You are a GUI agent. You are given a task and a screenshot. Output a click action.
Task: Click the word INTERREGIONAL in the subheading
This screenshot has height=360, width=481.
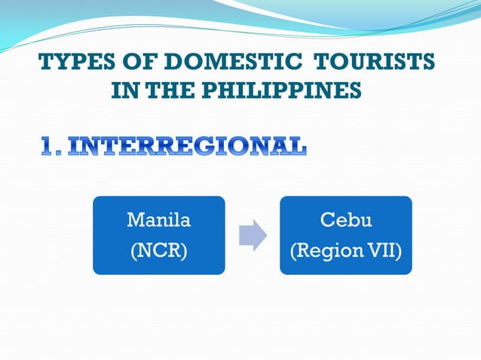click(187, 146)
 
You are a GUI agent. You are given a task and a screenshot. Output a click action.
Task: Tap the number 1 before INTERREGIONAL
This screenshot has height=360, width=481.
click(47, 146)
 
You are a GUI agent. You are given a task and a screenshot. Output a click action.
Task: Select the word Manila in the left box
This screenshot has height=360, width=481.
click(158, 221)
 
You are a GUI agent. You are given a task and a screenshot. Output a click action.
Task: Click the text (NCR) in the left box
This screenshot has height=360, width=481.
click(158, 250)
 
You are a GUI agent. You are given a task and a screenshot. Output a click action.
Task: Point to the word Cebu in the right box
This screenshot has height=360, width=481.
click(346, 221)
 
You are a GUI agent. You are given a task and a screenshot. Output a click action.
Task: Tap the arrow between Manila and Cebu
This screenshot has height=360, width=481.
click(253, 235)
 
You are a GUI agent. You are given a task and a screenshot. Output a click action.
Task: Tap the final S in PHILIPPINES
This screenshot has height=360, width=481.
click(354, 91)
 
